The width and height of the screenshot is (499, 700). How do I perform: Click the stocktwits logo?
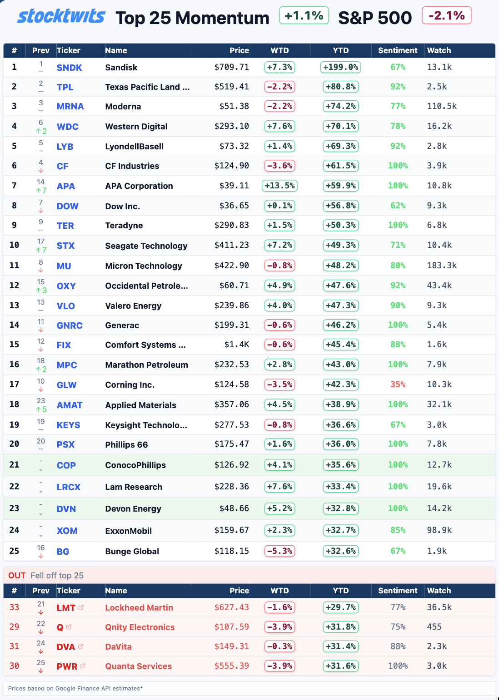tap(61, 16)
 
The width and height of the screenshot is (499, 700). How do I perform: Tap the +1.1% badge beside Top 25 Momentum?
tap(304, 16)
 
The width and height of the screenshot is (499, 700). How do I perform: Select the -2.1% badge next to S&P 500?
tap(446, 16)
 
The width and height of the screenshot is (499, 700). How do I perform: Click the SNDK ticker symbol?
tap(69, 68)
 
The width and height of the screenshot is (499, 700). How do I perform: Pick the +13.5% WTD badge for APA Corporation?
tap(279, 186)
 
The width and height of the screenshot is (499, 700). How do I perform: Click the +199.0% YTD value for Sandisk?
tap(340, 67)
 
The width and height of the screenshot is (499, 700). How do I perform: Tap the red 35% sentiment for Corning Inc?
tap(398, 385)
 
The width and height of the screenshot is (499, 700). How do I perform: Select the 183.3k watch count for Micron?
tap(441, 266)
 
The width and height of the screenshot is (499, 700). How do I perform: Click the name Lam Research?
tap(134, 487)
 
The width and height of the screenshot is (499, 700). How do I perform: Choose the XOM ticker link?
tap(67, 531)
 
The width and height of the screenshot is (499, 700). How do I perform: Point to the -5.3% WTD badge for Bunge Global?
tap(279, 551)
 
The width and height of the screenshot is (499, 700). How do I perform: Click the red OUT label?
tap(17, 575)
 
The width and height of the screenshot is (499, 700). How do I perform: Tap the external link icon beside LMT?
tap(81, 607)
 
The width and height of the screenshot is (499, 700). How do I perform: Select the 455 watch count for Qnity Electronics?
tap(434, 627)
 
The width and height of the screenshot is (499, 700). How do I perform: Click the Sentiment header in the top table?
tap(398, 50)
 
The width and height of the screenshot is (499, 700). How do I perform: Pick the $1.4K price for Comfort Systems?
tap(237, 345)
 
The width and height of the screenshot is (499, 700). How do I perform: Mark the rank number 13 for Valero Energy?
tap(14, 306)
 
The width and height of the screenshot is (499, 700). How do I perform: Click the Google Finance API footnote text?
tap(75, 688)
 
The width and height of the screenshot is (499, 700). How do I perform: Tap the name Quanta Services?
tap(138, 666)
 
